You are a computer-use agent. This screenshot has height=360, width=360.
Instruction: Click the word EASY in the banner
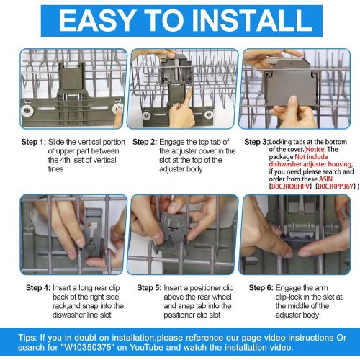tap(96, 20)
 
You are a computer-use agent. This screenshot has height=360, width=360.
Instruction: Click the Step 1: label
tap(34, 142)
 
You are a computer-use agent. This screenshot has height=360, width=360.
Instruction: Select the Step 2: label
tap(145, 142)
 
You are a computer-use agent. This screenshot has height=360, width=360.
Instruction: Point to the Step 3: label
tap(256, 142)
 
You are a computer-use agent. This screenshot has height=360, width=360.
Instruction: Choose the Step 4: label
tap(38, 287)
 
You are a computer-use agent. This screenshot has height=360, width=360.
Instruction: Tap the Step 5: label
tap(149, 287)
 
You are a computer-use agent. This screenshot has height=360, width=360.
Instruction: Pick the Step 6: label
tap(261, 287)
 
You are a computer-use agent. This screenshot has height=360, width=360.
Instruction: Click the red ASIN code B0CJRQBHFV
tap(290, 186)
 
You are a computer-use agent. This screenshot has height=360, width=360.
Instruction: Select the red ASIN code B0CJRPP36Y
tap(335, 186)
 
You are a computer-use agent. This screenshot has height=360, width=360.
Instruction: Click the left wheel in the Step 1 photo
tap(27, 111)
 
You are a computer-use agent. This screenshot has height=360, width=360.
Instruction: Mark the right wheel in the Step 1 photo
tap(118, 109)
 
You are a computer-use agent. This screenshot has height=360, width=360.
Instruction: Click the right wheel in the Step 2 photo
tap(209, 114)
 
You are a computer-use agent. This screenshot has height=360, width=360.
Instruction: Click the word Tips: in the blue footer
tap(27, 338)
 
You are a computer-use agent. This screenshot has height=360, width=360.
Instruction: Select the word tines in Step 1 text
tap(55, 169)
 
